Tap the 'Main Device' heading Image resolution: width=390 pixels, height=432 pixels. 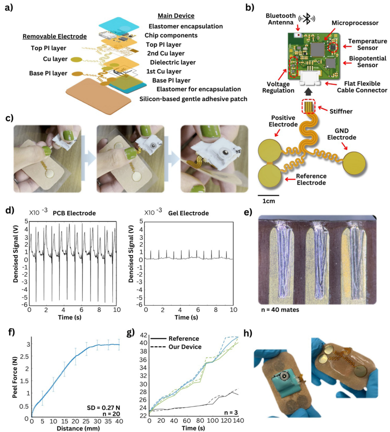176,16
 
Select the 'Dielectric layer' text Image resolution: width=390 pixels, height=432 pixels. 173,62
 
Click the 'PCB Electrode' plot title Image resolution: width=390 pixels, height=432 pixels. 74,213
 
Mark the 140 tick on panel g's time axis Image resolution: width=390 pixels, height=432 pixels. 238,422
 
